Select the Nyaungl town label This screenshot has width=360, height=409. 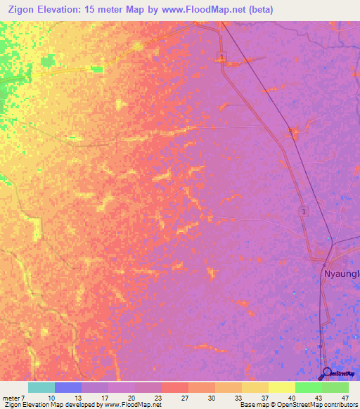pos(342,273)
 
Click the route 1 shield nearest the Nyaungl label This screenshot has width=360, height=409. pos(303,211)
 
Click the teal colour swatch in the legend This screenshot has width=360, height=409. pos(41,387)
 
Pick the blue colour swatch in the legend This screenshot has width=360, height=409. pos(67,387)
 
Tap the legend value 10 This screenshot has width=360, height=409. pos(51,398)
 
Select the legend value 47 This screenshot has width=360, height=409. pos(345,398)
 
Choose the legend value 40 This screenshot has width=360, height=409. pos(291,398)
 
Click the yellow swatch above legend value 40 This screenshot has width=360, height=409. pos(281,387)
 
